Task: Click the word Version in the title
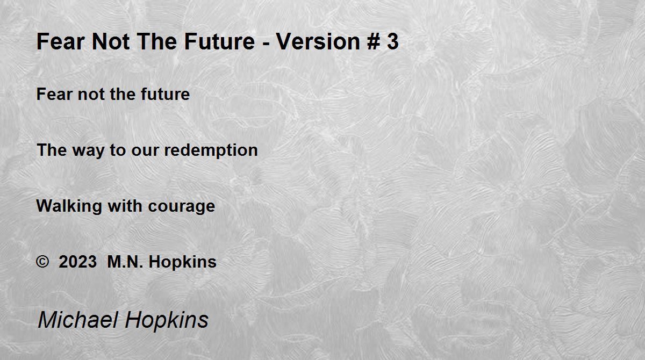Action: click(318, 41)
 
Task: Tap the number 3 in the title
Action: click(393, 41)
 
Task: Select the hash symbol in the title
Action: click(374, 41)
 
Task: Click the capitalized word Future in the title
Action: click(220, 41)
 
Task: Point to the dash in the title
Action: click(266, 44)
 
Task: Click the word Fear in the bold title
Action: click(60, 41)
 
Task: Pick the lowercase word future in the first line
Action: click(166, 94)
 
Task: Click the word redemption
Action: click(211, 150)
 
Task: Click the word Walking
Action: click(69, 206)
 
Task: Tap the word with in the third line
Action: click(125, 206)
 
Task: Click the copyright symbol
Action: click(42, 262)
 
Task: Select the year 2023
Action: click(77, 262)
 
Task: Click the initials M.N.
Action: click(125, 262)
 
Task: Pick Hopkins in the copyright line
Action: click(183, 262)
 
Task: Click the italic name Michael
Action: click(78, 320)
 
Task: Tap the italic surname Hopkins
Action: click(167, 321)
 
